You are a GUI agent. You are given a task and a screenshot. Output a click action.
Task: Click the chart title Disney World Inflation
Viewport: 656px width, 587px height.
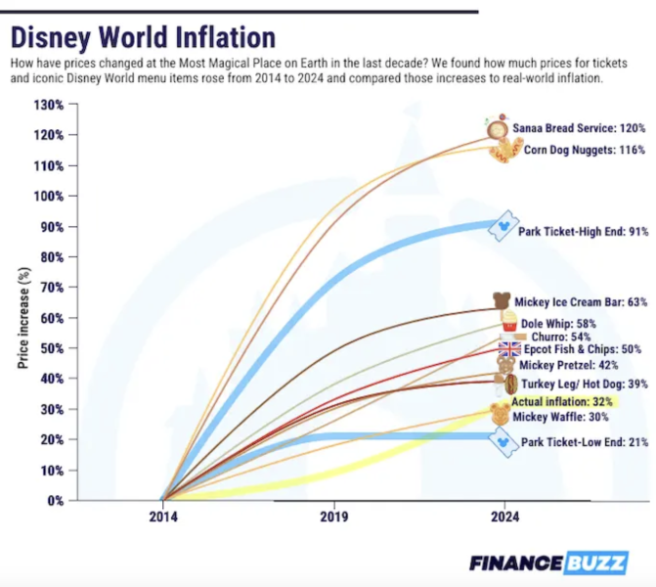(x=143, y=37)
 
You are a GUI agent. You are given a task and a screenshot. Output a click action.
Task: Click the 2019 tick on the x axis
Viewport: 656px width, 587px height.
(x=333, y=518)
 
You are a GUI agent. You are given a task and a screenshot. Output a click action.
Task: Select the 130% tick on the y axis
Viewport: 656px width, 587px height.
(x=49, y=104)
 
